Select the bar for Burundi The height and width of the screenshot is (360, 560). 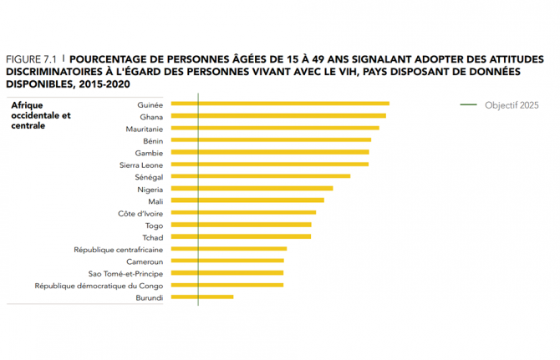pos(201,297)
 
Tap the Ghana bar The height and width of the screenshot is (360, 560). pos(277,115)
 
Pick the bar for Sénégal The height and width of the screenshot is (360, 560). pos(259,176)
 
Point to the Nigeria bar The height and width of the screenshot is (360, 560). pos(251,189)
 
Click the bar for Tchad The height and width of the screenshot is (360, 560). pos(239,236)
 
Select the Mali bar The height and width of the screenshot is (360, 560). pos(246,200)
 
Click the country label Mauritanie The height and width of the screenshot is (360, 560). pos(144,129)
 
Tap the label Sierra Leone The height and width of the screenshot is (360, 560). pos(141,165)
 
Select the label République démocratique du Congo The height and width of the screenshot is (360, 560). pos(99,286)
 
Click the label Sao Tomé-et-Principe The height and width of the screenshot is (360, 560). pos(125,273)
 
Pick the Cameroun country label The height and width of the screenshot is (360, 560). pos(144,261)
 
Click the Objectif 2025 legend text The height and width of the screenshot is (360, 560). pos(512,105)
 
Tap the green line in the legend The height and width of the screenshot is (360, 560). pos(468,105)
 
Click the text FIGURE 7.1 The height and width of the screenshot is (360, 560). pos(31,60)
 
